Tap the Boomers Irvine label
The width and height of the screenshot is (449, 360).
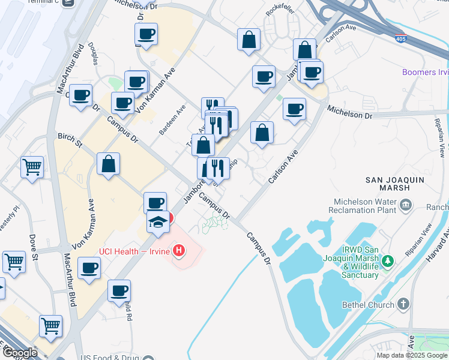[x=425, y=73]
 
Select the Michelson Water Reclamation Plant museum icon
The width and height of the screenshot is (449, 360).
[x=406, y=206]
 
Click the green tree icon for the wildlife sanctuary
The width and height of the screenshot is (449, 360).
[x=388, y=261]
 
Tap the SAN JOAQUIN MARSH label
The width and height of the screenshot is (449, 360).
[x=395, y=184]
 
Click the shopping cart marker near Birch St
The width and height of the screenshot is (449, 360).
[x=32, y=167]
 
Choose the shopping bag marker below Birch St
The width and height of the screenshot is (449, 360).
[x=108, y=163]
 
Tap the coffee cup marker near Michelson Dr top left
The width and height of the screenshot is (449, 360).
[x=146, y=34]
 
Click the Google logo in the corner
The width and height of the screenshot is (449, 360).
[x=19, y=353]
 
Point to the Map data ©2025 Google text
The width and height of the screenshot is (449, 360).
[x=412, y=355]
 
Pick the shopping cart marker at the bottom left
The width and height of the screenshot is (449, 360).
[x=50, y=326]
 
